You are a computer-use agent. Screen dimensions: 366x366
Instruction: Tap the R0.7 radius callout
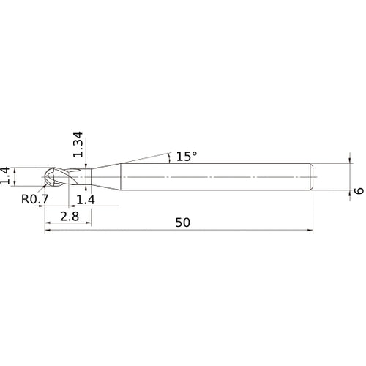[x=35, y=198]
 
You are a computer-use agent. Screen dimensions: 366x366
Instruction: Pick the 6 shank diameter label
[x=358, y=191]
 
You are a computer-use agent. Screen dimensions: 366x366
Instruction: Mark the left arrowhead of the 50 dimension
[x=49, y=231]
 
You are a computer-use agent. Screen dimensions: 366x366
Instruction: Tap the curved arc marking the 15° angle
[x=171, y=157]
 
